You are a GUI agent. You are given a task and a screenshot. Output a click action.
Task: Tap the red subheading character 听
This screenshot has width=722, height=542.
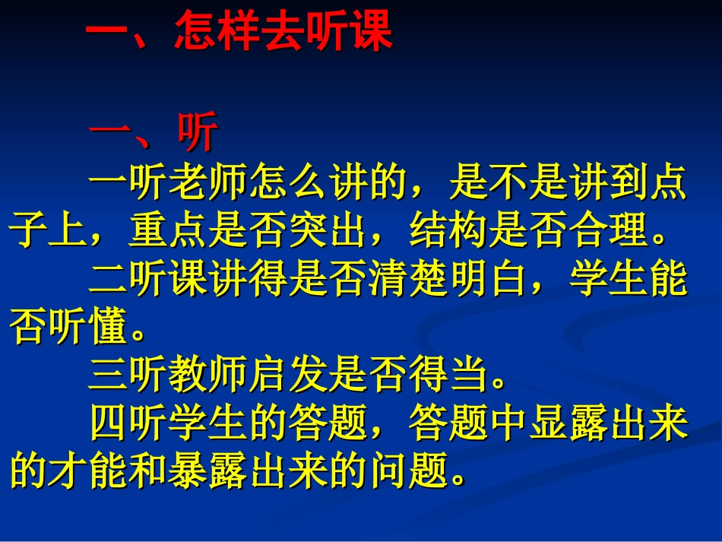(x=198, y=134)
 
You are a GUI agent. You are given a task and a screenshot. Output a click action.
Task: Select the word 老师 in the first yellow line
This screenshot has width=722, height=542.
(x=207, y=185)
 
